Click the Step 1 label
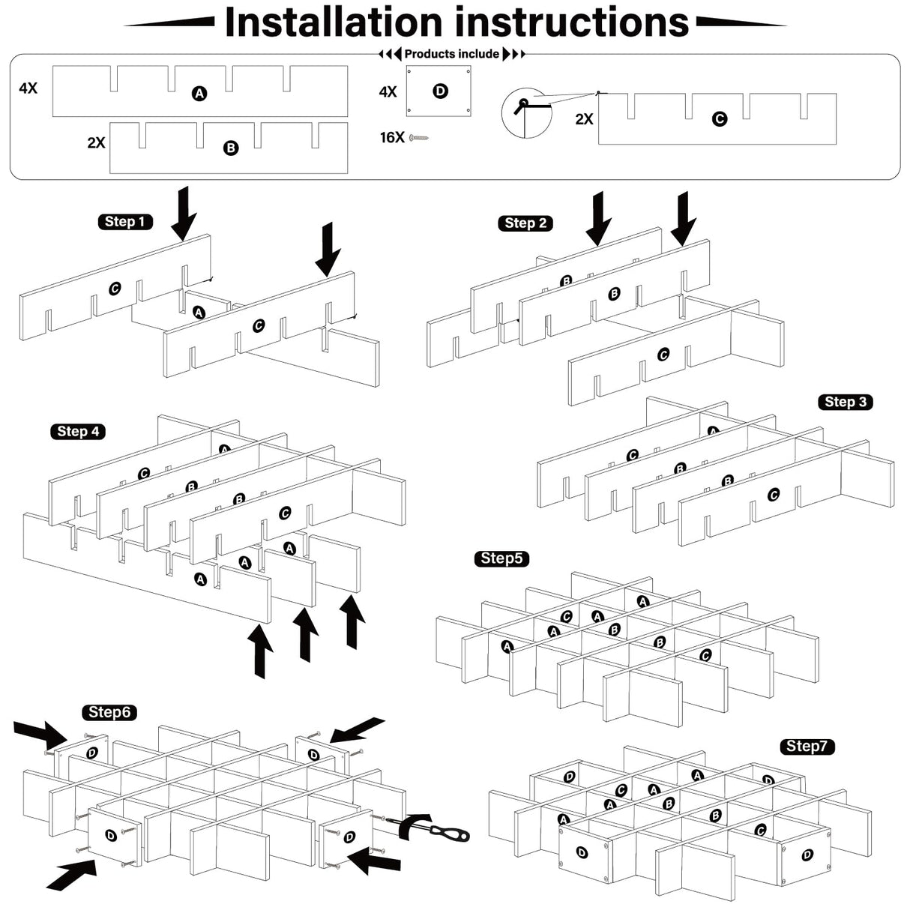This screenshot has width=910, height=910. [125, 222]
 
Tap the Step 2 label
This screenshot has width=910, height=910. [525, 223]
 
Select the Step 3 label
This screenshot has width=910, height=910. [845, 403]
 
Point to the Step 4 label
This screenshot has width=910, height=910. [78, 432]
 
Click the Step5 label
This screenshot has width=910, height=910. [501, 558]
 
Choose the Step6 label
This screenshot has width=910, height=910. [109, 712]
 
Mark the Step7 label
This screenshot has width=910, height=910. [807, 747]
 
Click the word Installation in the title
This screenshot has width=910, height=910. [334, 22]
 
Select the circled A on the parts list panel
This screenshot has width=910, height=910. [199, 94]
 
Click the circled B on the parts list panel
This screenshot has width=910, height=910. [231, 148]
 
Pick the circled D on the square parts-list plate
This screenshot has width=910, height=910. [440, 91]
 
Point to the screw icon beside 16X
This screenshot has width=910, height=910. [419, 138]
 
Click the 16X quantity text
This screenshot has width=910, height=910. [392, 137]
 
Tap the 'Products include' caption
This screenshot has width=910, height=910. [451, 54]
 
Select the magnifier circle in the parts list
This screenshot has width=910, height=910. [526, 113]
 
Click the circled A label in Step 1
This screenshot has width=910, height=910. [199, 312]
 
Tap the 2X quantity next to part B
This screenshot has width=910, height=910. [96, 142]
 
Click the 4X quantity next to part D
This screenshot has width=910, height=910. [388, 92]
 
